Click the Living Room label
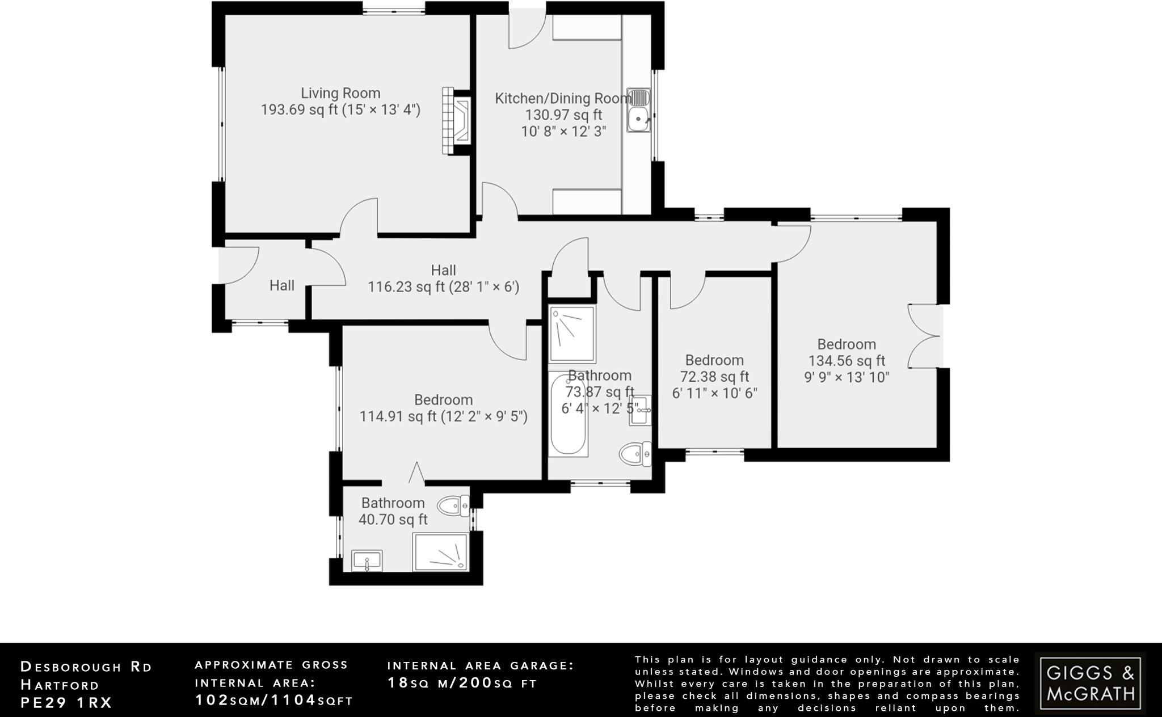(340, 93)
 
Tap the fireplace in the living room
(457, 120)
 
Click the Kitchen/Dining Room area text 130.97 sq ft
(563, 115)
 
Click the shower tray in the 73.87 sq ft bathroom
(572, 334)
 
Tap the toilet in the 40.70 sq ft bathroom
(456, 505)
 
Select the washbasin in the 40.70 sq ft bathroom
(367, 561)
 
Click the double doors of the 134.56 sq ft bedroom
(924, 337)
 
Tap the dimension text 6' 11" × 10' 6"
(714, 393)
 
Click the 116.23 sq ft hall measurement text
(443, 287)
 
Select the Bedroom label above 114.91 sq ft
(443, 400)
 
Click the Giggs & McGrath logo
(1090, 683)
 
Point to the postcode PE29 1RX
(66, 702)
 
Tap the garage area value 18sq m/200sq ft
(462, 683)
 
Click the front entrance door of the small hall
(238, 265)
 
